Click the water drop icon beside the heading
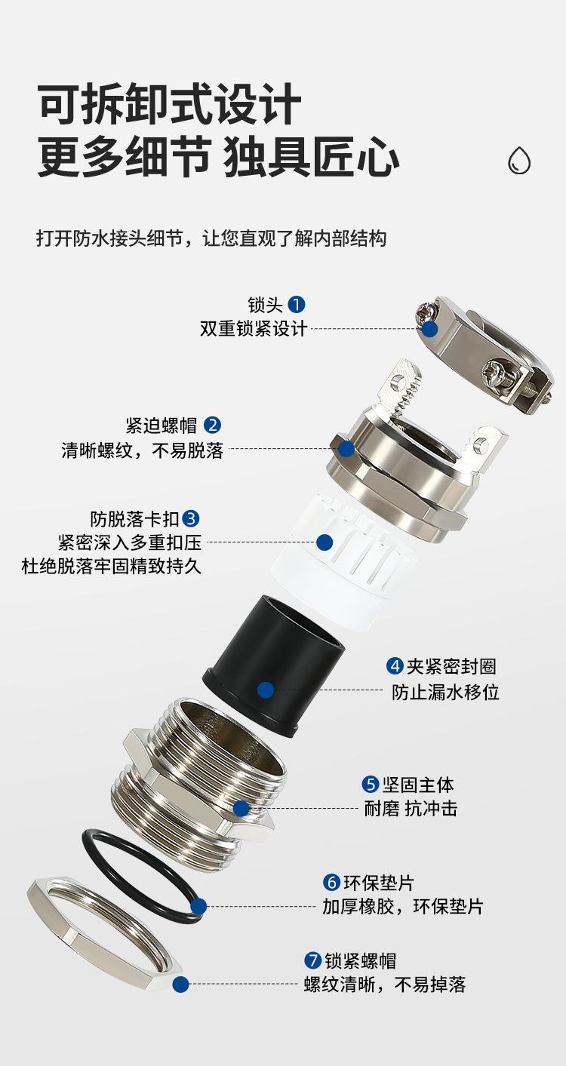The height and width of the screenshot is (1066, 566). pyautogui.click(x=519, y=160)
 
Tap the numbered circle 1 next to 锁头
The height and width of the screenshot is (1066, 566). pyautogui.click(x=297, y=305)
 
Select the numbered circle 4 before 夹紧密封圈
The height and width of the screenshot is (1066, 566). pyautogui.click(x=395, y=666)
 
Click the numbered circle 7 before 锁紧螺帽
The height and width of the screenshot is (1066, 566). pyautogui.click(x=313, y=960)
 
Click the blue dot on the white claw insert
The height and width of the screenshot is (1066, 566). pyautogui.click(x=325, y=542)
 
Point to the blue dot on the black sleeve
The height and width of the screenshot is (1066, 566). pyautogui.click(x=266, y=690)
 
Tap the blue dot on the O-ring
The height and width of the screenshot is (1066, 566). pyautogui.click(x=199, y=906)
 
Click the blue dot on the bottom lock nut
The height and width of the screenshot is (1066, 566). pyautogui.click(x=180, y=984)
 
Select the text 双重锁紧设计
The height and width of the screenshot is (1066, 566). pyautogui.click(x=254, y=329)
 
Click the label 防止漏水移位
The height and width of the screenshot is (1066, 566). pyautogui.click(x=445, y=692)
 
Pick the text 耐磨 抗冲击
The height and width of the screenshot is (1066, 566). pyautogui.click(x=411, y=809)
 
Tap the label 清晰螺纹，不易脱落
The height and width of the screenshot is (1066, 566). pyautogui.click(x=143, y=450)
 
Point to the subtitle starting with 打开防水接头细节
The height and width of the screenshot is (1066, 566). pyautogui.click(x=211, y=238)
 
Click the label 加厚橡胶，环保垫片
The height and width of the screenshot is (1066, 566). pyautogui.click(x=403, y=906)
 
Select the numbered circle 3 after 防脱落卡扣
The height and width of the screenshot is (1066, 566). pyautogui.click(x=192, y=519)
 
